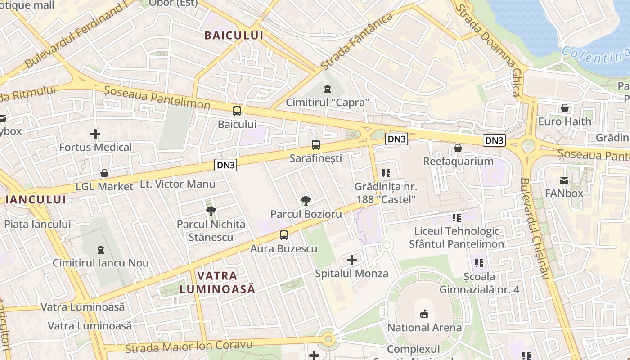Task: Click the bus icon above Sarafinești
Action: [x=316, y=145]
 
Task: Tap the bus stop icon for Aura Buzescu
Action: [x=283, y=235]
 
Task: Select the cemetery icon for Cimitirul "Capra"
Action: [x=327, y=89]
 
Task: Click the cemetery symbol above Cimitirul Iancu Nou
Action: [x=100, y=249]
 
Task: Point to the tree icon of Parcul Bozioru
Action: [x=306, y=201]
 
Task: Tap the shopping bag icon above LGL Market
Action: [x=104, y=173]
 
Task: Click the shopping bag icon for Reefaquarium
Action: [x=458, y=148]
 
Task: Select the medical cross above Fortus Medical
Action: [x=95, y=134]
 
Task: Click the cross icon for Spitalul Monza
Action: [x=352, y=260]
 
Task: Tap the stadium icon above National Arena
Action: [x=424, y=314]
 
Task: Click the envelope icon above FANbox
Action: [x=564, y=180]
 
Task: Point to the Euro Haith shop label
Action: [x=564, y=121]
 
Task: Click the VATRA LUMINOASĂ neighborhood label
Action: [x=217, y=282]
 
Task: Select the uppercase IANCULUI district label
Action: [x=36, y=199]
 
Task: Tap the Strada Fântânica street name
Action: [x=357, y=41]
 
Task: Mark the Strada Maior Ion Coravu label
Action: [x=189, y=346]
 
